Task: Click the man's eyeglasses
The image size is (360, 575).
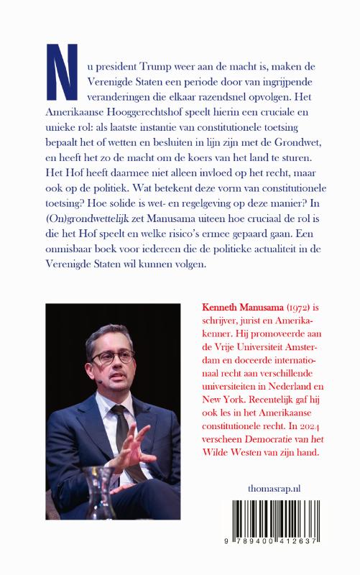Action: point(114,356)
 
